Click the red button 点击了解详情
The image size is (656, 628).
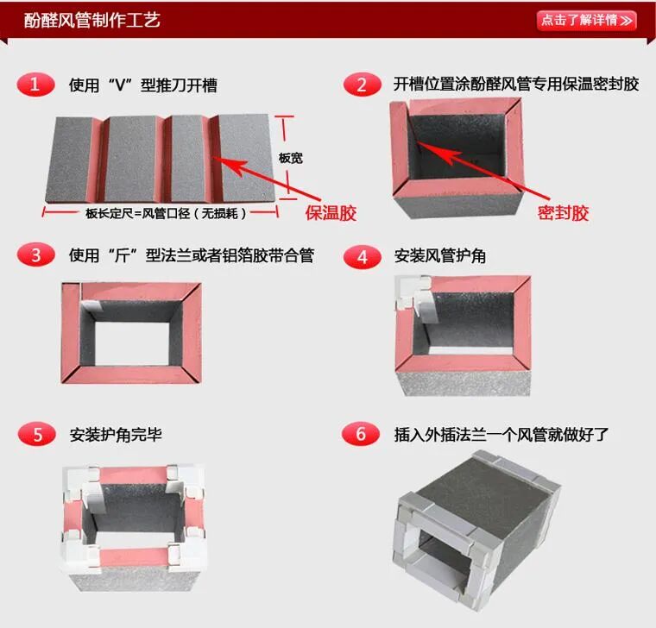[586, 20]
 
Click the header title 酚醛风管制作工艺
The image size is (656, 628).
[92, 20]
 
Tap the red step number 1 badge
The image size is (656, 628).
[35, 85]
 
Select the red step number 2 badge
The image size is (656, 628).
[362, 85]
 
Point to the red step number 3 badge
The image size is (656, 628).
[35, 255]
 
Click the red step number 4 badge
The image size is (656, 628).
[362, 256]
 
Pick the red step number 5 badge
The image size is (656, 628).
[35, 434]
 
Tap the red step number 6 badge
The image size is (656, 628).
[362, 434]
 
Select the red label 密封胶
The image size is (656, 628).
[563, 213]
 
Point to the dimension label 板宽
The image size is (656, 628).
[291, 159]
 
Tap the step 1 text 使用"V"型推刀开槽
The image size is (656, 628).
[143, 85]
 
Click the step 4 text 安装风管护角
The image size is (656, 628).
[439, 256]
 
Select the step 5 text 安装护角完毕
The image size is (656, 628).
[115, 434]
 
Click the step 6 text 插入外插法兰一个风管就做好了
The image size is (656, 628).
[501, 434]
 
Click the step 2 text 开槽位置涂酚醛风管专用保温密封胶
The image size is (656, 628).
[516, 85]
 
